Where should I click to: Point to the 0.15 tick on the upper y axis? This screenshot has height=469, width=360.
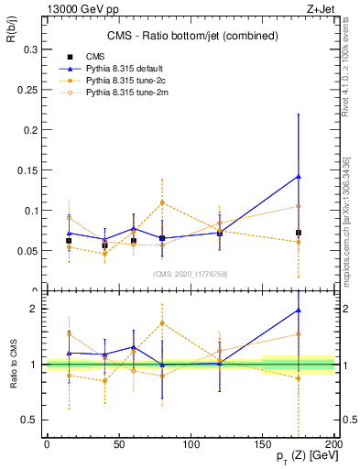(30, 170)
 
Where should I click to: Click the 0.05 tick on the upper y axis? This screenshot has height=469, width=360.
(30, 251)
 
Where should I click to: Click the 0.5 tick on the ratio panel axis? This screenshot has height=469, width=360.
(33, 420)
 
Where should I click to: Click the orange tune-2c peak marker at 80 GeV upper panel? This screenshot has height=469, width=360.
(162, 202)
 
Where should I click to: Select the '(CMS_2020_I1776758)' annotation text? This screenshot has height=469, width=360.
(191, 272)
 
